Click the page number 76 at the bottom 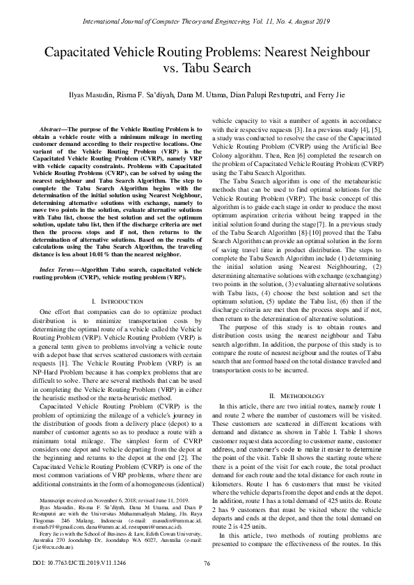[207, 563]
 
